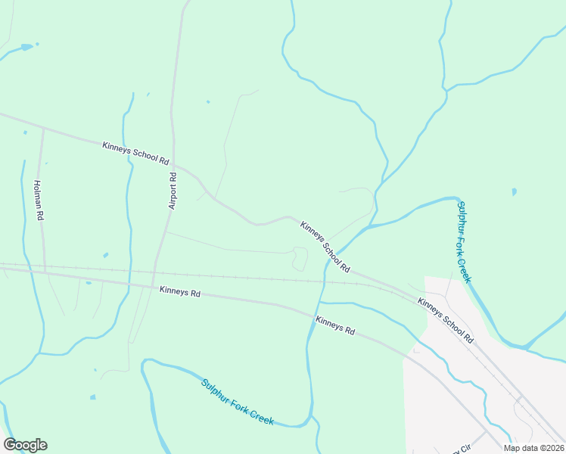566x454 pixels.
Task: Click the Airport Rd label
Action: point(173,190)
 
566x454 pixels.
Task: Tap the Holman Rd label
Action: point(39,200)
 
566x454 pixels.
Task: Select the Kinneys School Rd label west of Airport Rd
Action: point(135,151)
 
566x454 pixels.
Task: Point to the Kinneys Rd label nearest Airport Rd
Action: point(179,291)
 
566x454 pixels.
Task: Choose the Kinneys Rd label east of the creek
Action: point(335,325)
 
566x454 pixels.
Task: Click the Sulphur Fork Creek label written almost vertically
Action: point(464,241)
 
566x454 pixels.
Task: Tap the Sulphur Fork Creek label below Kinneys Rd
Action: point(237,401)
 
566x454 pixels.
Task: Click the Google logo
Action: point(25,445)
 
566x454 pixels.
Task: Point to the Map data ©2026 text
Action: point(533,448)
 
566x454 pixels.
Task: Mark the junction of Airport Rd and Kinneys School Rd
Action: point(174,162)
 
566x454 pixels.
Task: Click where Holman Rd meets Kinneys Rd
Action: point(45,270)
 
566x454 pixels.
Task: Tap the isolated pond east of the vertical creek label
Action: point(515,191)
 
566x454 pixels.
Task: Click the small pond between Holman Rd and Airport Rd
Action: point(105,255)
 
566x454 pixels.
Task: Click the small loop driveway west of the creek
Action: point(300,259)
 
